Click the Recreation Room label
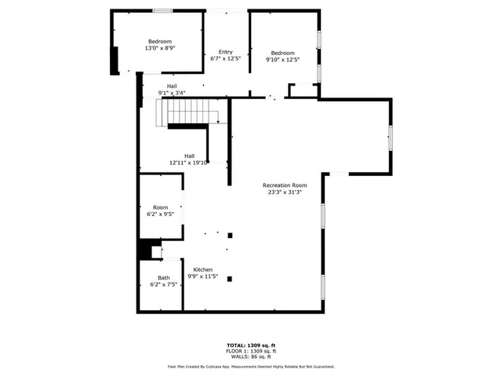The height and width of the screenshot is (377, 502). click(x=284, y=185)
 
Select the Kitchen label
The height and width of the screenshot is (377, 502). click(x=203, y=269)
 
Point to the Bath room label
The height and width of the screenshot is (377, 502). click(x=163, y=277)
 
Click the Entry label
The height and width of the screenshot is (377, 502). click(x=225, y=51)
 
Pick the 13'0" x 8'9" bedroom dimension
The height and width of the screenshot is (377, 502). click(x=160, y=49)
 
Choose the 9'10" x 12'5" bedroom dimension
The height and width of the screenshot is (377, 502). click(x=282, y=59)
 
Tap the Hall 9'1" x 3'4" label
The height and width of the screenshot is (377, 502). click(x=172, y=90)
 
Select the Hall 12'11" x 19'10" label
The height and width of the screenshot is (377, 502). click(x=188, y=159)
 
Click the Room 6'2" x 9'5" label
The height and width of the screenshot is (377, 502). click(x=160, y=210)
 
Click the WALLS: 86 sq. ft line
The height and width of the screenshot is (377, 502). click(x=251, y=357)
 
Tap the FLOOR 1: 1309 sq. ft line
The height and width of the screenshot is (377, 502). click(x=251, y=351)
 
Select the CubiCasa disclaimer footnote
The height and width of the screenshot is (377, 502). click(x=251, y=366)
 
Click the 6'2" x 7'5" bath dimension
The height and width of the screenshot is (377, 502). click(x=163, y=284)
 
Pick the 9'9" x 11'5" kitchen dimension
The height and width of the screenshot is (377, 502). click(x=203, y=276)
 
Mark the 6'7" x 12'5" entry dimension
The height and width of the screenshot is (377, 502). click(x=225, y=58)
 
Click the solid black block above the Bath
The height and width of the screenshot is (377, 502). click(x=145, y=249)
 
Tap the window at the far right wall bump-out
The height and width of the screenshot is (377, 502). click(x=390, y=137)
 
